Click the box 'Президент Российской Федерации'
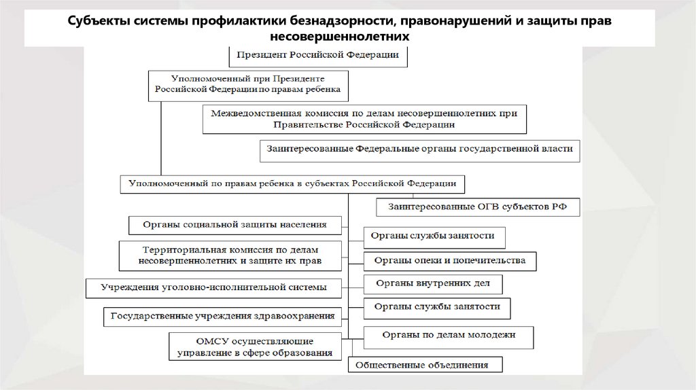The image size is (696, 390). point(317,55)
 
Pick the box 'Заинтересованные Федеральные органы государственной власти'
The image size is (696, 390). point(419,150)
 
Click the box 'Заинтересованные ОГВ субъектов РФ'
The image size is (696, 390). point(478,205)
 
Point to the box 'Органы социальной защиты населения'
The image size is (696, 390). point(236,224)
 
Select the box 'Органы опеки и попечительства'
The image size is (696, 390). point(449,260)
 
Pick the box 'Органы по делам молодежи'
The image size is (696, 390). point(449,334)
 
